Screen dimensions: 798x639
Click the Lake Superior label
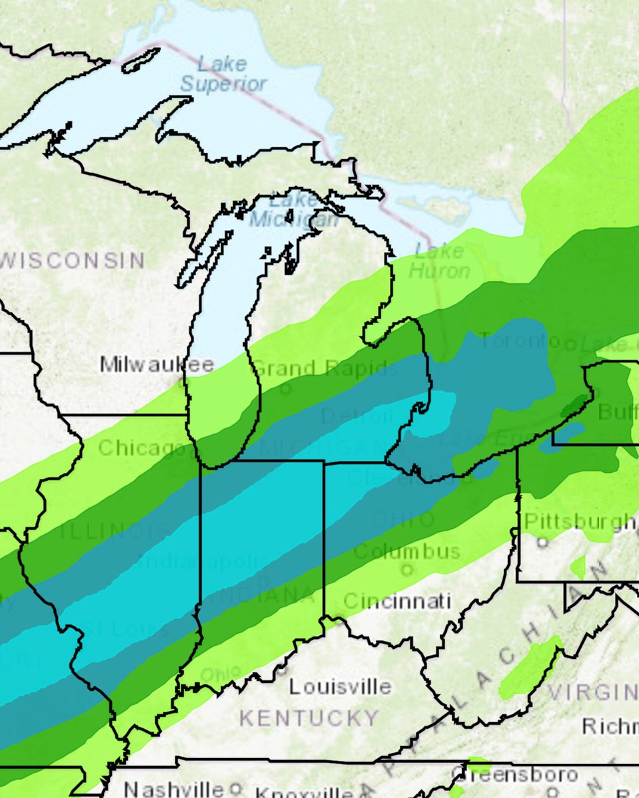point(223,74)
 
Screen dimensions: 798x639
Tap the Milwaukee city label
point(157,364)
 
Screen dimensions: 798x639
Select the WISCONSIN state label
point(73,260)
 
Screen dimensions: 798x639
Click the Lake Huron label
point(438,261)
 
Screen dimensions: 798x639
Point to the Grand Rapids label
point(325,368)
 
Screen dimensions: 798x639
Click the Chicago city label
point(142,448)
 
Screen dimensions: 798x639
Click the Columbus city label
point(406,551)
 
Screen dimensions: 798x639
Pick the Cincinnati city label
point(397,601)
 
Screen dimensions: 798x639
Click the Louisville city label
point(340,686)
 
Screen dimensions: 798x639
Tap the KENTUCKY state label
point(309,718)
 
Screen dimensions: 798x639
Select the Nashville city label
point(175,789)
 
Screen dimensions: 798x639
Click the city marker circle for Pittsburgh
point(542,542)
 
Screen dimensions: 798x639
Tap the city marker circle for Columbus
point(407,569)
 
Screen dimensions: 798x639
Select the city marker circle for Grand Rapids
point(286,388)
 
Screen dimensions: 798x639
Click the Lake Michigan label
point(293,209)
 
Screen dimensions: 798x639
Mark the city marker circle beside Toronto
point(570,344)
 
